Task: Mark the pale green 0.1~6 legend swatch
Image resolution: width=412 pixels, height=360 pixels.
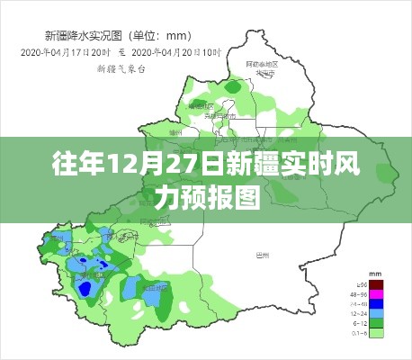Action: tap(378, 333)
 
